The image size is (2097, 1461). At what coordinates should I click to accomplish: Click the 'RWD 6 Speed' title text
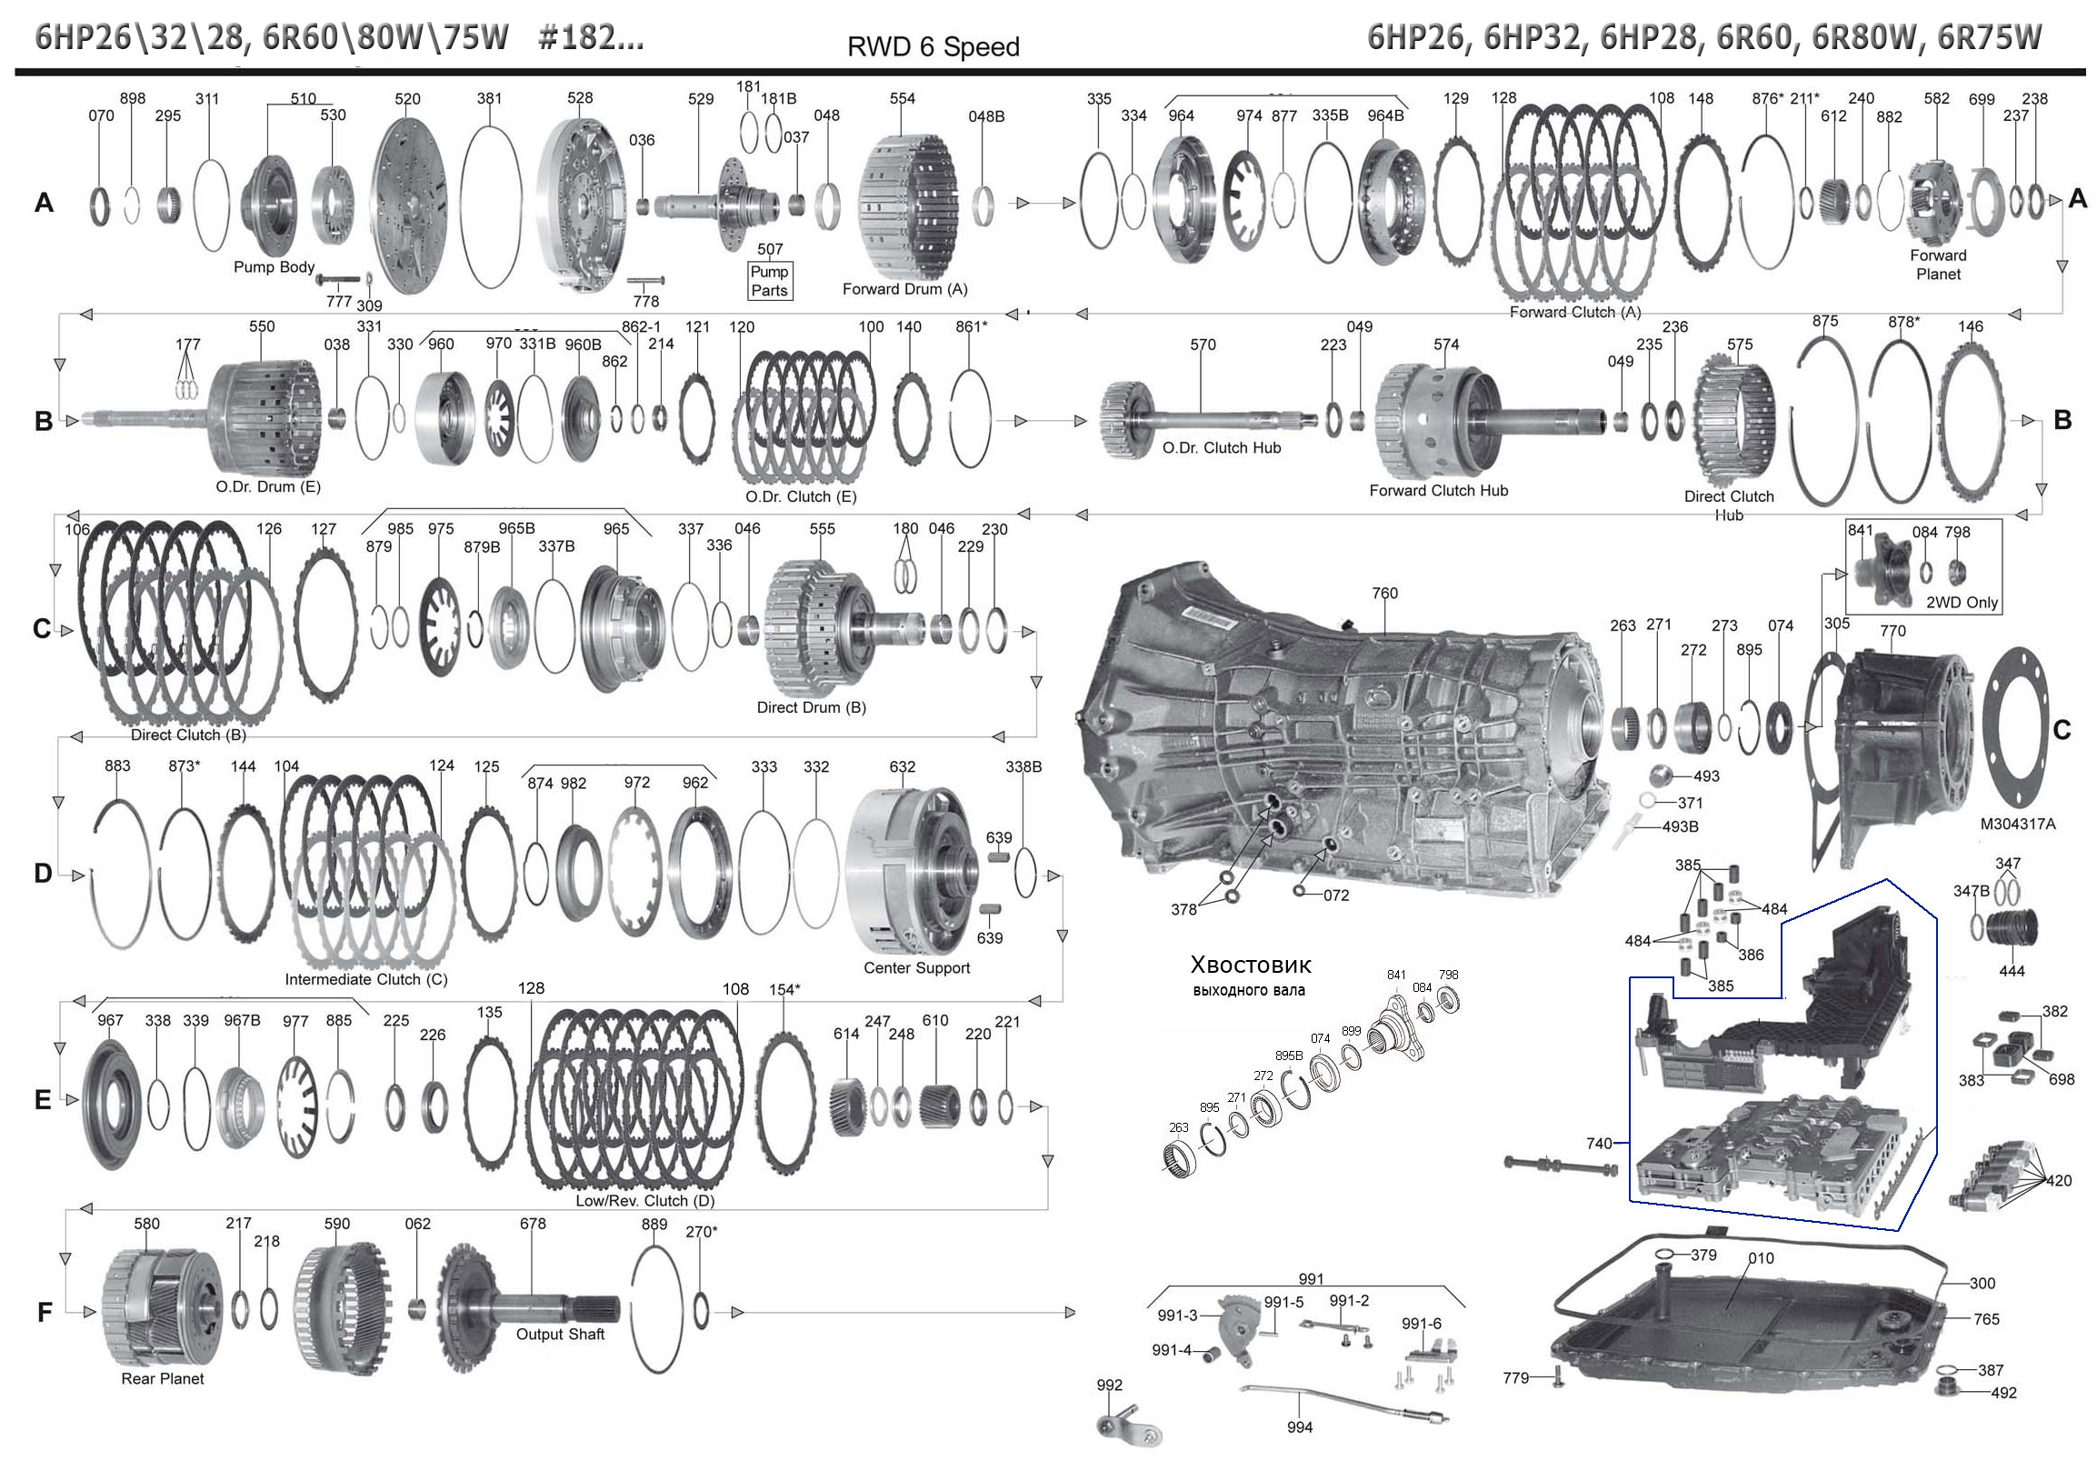933,46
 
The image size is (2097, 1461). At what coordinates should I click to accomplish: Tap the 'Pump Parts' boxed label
769,281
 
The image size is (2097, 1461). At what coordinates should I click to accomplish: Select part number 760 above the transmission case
1383,593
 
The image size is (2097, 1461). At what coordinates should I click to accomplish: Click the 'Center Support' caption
916,967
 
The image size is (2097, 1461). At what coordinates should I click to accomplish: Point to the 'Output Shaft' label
560,1334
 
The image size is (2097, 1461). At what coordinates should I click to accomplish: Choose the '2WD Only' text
1962,602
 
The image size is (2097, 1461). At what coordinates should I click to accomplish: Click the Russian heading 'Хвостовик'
1251,965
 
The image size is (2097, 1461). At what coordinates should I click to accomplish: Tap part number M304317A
2017,824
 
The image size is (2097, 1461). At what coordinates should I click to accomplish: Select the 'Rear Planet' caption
163,1378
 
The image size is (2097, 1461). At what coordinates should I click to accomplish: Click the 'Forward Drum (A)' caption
904,289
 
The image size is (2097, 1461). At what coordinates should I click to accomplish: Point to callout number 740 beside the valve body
1598,1143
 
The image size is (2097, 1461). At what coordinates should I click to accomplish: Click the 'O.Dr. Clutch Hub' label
1221,447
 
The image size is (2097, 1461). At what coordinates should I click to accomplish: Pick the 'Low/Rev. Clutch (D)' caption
644,1201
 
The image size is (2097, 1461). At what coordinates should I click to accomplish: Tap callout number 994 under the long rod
1299,1427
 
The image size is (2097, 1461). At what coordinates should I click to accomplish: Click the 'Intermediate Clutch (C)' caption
366,978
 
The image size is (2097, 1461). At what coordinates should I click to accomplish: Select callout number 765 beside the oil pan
1985,1318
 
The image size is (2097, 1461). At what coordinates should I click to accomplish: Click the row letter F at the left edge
44,1313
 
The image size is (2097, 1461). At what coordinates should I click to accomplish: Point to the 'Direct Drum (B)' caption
811,707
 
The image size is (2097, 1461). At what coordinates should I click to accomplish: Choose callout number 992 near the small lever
1109,1386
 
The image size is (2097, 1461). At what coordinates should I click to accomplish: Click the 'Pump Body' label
273,266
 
